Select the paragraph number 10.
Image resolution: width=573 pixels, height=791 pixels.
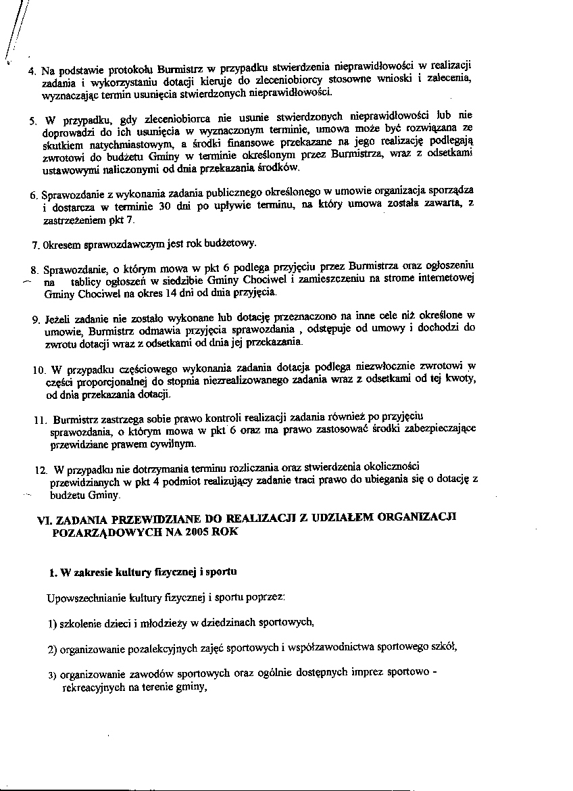(39, 370)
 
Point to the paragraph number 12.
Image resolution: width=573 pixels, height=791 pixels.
(41, 469)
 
